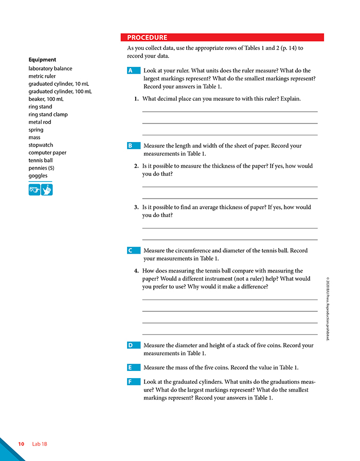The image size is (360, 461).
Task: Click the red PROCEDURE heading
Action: click(147, 38)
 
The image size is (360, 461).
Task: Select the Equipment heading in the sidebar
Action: click(43, 60)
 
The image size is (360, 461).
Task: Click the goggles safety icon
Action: click(34, 190)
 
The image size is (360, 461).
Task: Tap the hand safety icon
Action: click(47, 190)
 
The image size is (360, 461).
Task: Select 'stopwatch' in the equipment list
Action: click(41, 145)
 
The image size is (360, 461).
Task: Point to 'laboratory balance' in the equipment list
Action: click(50, 68)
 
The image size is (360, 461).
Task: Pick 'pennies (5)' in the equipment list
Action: click(41, 168)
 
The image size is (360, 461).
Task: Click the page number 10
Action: click(21, 444)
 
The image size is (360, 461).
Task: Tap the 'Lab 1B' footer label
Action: click(40, 444)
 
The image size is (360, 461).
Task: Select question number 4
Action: click(136, 271)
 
